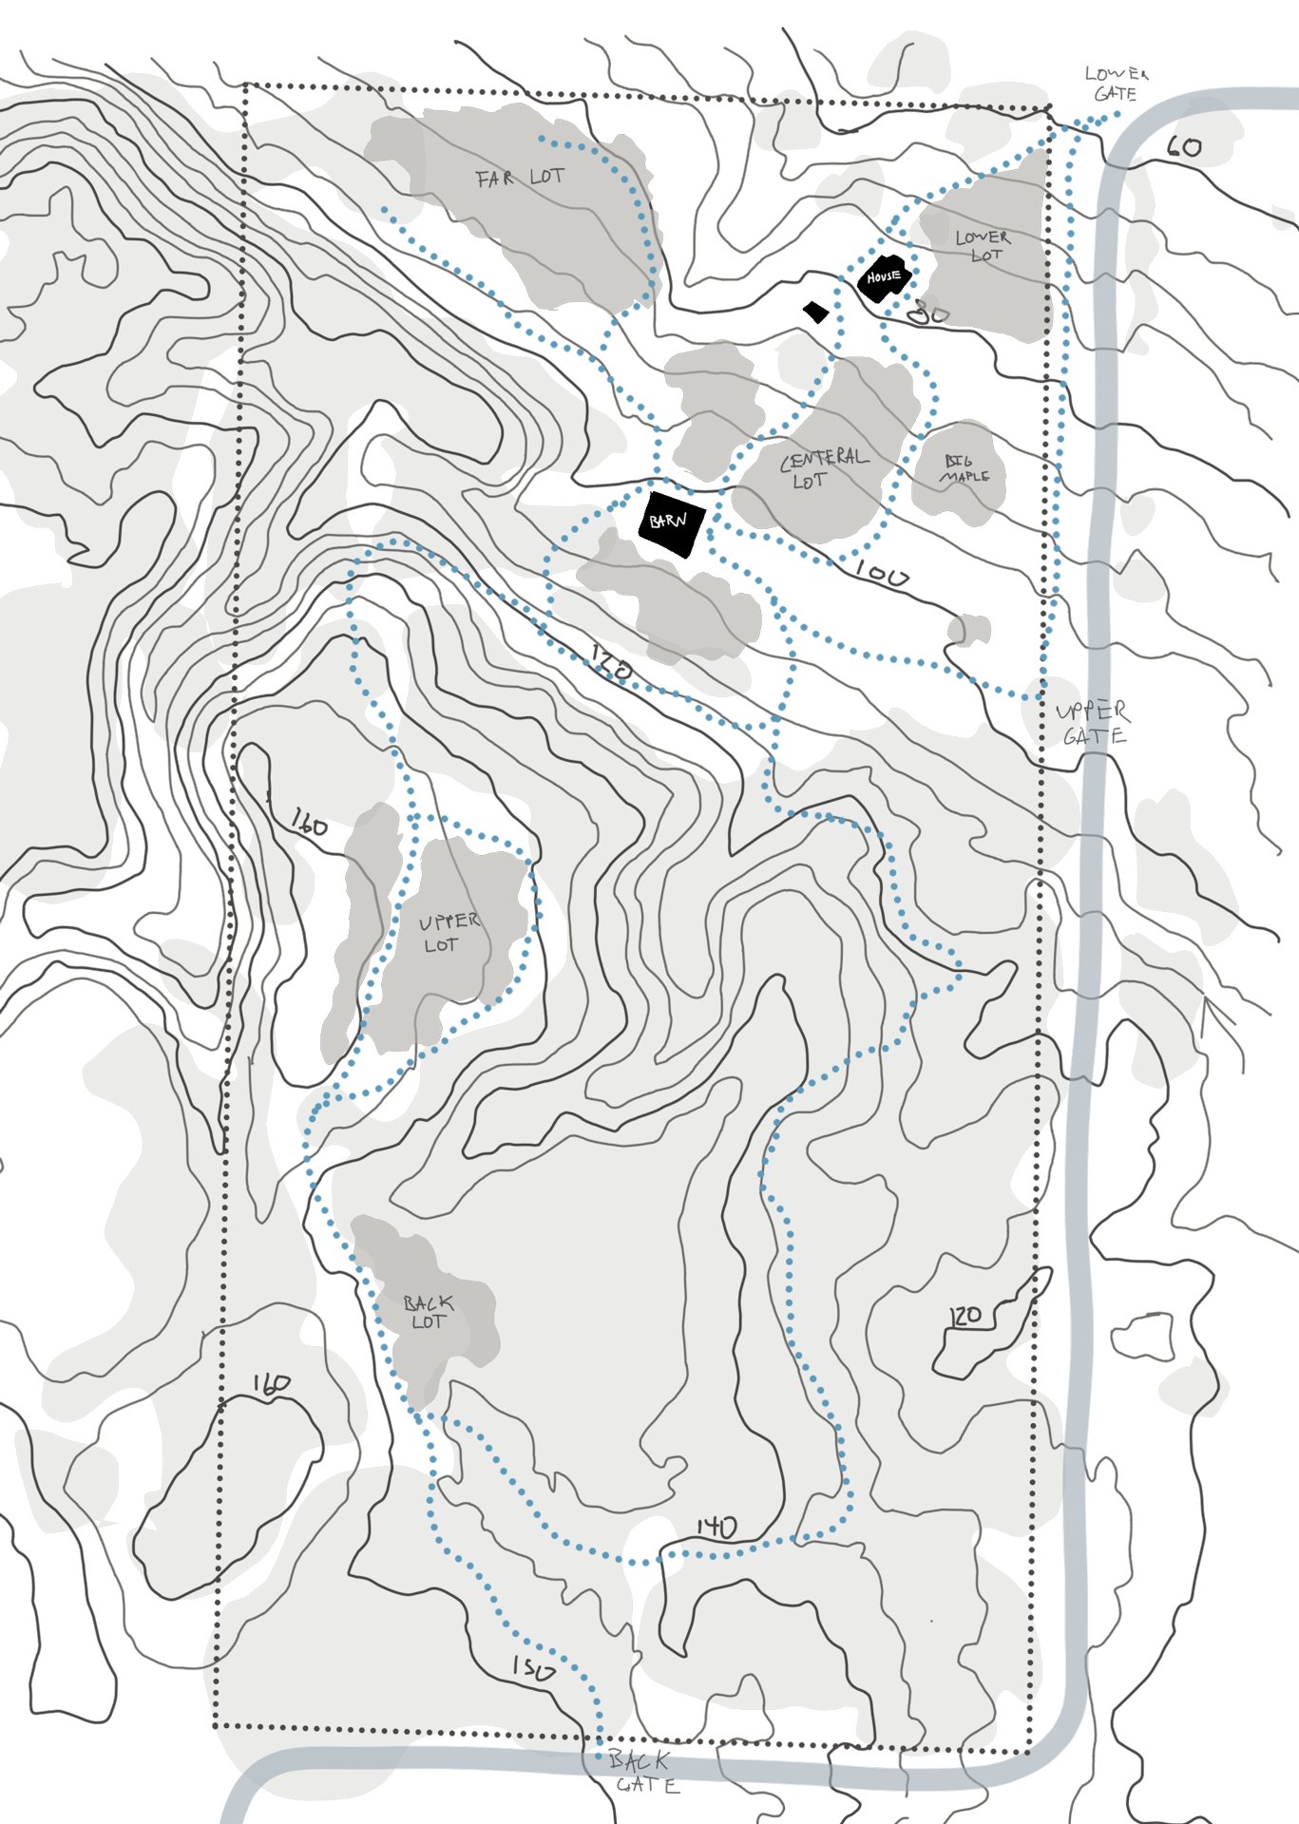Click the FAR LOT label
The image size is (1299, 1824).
(x=520, y=178)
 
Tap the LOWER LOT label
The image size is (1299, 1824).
(x=983, y=246)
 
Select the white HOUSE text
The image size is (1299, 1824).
(x=883, y=276)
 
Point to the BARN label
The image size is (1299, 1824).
(x=668, y=521)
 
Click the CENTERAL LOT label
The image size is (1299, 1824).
(x=823, y=468)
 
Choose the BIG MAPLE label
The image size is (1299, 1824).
(x=964, y=469)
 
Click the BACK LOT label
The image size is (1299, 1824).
(x=428, y=1312)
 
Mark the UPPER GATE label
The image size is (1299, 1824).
(x=1087, y=723)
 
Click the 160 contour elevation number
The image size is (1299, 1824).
(x=271, y=1385)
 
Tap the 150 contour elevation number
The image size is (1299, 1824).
(x=533, y=1668)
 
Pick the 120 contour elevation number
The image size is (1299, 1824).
(x=966, y=1317)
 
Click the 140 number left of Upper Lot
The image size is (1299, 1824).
(x=310, y=823)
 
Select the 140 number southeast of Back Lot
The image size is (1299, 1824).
(x=716, y=1528)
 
